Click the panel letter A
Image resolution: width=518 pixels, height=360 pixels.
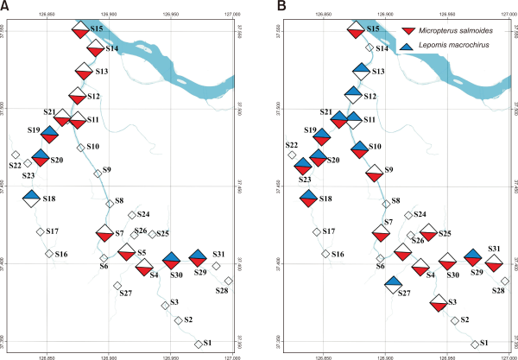[x=6, y=7]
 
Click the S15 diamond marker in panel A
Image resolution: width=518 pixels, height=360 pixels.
[x=80, y=29]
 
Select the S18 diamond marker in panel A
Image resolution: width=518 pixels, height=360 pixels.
[x=31, y=198]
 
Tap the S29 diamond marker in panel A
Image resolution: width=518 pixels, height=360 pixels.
[x=198, y=257]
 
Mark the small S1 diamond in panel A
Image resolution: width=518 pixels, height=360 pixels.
[x=199, y=344]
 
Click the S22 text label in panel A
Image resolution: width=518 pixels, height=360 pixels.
[x=15, y=165]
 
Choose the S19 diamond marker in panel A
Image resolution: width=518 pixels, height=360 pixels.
[x=49, y=134]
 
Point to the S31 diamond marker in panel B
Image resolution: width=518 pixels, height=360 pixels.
[x=493, y=262]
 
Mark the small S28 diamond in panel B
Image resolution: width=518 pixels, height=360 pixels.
[x=505, y=281]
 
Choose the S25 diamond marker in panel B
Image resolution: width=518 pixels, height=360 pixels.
[x=427, y=231]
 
